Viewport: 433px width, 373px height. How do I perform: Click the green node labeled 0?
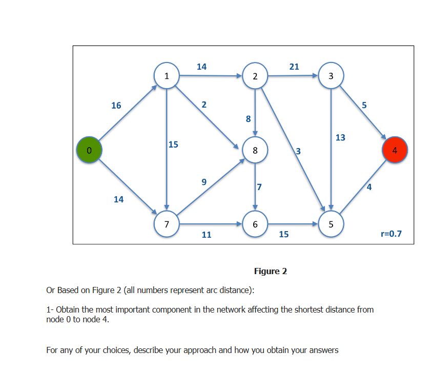pos(89,150)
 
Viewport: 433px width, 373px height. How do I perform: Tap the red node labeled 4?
pos(395,151)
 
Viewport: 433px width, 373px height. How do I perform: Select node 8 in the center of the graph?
pos(255,150)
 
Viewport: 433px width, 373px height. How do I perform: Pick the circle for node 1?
pos(167,76)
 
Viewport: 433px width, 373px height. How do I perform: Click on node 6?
pos(255,224)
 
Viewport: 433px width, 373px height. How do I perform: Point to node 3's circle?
pos(331,76)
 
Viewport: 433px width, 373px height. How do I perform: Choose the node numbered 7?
pos(167,224)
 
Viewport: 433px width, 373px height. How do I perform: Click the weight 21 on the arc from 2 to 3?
pos(294,67)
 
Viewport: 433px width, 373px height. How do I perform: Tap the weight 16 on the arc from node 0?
pos(116,106)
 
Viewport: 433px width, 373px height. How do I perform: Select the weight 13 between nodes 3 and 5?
pos(340,137)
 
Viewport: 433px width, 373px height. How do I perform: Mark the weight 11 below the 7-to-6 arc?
pos(207,235)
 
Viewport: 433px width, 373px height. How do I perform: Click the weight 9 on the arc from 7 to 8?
pos(204,181)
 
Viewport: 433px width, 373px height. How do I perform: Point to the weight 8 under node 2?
pos(249,119)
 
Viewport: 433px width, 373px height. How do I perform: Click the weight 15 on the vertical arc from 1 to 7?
pos(173,144)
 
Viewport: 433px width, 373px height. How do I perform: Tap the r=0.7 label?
pos(391,234)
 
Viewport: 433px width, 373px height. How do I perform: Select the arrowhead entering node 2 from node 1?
pos(239,76)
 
